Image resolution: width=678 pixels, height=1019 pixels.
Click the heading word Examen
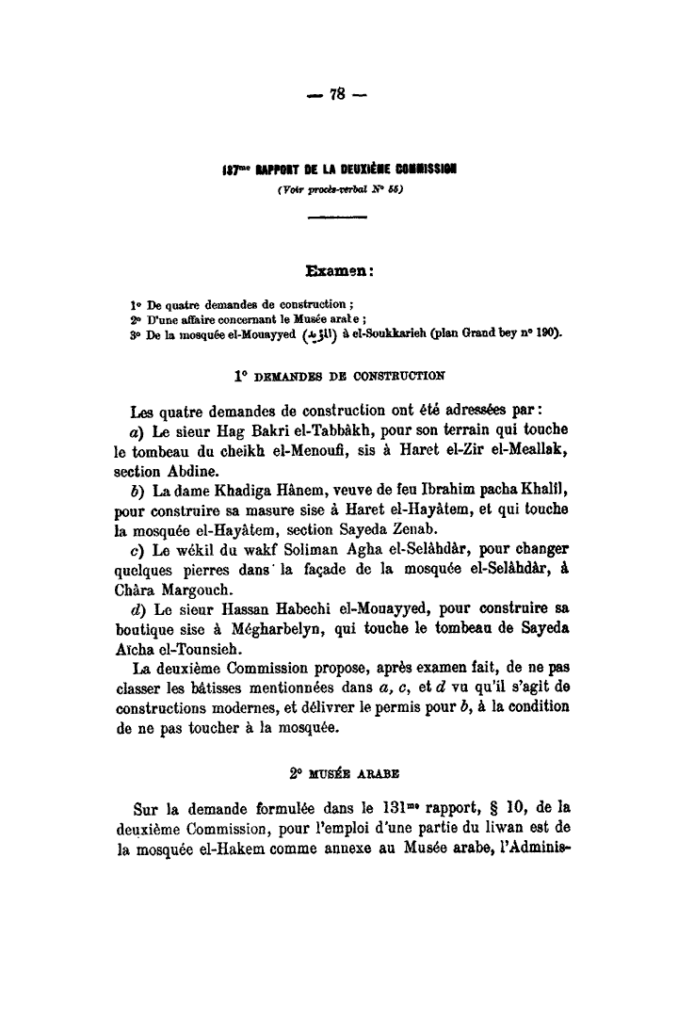pos(340,272)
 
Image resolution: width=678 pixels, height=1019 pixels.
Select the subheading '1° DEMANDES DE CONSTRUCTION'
pos(340,374)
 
